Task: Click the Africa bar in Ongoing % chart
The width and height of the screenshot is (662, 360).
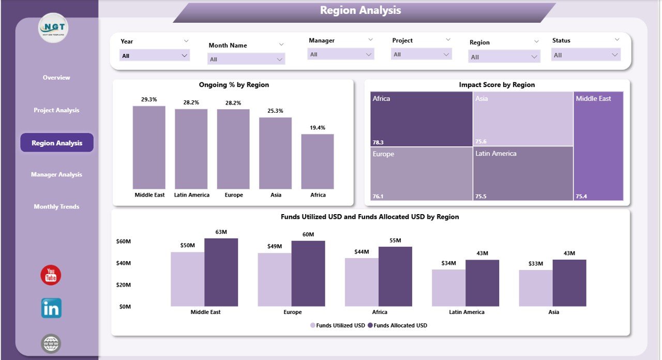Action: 318,161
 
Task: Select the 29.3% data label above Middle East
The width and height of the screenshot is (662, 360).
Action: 149,99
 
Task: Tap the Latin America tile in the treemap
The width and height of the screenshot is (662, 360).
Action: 523,173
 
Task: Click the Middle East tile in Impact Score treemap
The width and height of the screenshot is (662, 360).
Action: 599,146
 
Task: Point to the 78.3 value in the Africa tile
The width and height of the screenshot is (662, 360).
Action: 378,142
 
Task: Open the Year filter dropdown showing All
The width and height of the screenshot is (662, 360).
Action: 154,55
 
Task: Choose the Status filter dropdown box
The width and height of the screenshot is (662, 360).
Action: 585,55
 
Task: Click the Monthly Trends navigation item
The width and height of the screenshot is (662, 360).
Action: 56,207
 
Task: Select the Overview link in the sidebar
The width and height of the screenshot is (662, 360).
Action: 56,78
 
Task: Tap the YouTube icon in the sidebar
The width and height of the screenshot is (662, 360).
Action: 51,275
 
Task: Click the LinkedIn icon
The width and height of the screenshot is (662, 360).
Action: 51,308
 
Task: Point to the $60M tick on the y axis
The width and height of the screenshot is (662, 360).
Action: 124,242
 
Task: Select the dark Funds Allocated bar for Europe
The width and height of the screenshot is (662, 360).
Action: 308,274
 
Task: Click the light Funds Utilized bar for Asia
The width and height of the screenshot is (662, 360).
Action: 536,288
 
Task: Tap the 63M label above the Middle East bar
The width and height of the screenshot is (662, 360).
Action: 221,232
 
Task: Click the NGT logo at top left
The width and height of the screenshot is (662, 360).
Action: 53,28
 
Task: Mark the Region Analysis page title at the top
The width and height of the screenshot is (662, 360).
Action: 360,10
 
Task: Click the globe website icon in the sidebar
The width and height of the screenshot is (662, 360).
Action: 51,343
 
